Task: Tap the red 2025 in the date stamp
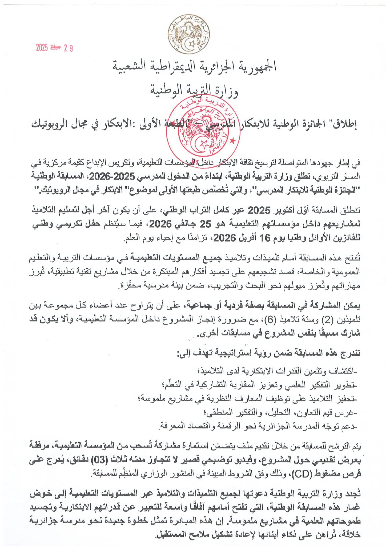coord(42,48)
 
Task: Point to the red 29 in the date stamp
coord(68,48)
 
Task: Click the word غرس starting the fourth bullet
coord(347,413)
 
